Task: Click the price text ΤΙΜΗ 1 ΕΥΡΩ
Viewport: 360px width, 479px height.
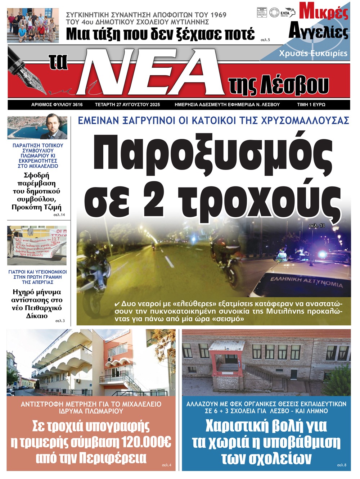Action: pos(311,105)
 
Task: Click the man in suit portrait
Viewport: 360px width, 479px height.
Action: pos(54,127)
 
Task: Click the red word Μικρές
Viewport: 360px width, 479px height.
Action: pos(324,12)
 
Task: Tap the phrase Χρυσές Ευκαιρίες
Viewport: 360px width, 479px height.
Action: pos(313,54)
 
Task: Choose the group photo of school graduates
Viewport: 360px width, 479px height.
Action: pos(33,26)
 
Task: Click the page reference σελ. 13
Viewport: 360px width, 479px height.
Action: pos(317,226)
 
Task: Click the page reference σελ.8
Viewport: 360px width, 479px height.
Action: pos(341,465)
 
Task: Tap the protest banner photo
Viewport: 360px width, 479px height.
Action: pos(37,245)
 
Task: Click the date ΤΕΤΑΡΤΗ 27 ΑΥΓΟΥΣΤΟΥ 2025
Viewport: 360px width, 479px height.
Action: pos(127,105)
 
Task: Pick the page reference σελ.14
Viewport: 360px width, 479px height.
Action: pos(59,215)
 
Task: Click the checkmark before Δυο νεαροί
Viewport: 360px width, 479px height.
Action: pos(117,304)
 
